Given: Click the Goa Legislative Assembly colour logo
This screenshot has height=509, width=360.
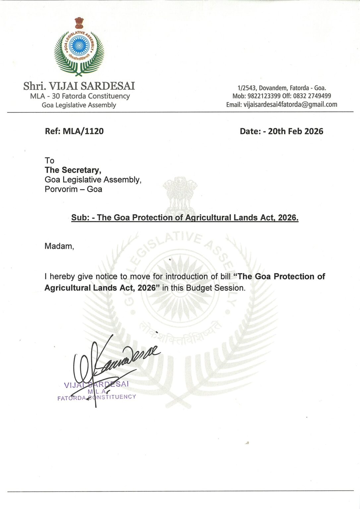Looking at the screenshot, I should [79, 50].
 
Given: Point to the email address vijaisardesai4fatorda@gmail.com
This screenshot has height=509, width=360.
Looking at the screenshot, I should [290, 105].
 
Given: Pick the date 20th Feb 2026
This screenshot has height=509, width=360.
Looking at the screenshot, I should [295, 131].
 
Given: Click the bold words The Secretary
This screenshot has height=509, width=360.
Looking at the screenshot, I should [73, 170].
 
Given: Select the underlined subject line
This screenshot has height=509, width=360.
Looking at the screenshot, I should [185, 218].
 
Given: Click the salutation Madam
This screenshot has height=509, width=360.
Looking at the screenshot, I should [59, 246].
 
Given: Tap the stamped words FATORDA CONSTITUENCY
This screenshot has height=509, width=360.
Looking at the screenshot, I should [96, 397].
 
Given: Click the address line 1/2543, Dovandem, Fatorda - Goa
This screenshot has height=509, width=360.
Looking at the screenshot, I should [281, 88].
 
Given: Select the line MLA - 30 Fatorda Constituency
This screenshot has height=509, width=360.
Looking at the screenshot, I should [80, 96].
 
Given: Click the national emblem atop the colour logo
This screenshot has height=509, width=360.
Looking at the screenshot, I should [79, 23].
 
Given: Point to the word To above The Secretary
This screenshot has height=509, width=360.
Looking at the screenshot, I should [49, 161].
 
